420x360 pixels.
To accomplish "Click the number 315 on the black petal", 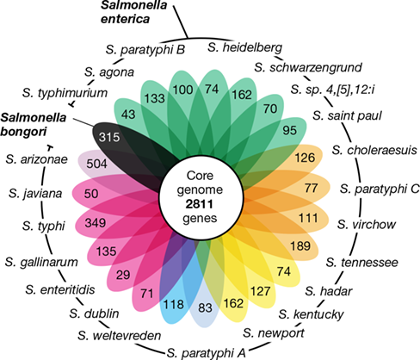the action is pyautogui.click(x=109, y=137).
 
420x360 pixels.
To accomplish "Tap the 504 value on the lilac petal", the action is pyautogui.click(x=97, y=164).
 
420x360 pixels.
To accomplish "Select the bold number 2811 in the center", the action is pyautogui.click(x=200, y=204).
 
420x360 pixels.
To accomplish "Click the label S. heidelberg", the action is pyautogui.click(x=245, y=47).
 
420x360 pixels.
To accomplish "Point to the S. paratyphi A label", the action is pyautogui.click(x=207, y=353).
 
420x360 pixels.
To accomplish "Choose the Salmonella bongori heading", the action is pyautogui.click(x=34, y=125).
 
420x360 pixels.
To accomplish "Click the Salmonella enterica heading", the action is pyautogui.click(x=133, y=12).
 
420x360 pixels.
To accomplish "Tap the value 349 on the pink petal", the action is pyautogui.click(x=96, y=222).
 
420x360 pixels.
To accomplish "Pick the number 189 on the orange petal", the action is pyautogui.click(x=300, y=246).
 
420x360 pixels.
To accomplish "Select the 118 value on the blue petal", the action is pyautogui.click(x=173, y=304).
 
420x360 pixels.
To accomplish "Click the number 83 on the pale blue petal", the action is pyautogui.click(x=205, y=307).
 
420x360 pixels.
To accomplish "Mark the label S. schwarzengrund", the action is pyautogui.click(x=308, y=68).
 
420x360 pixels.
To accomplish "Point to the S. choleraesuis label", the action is pyautogui.click(x=374, y=150).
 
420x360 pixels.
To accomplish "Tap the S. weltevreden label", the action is pyautogui.click(x=119, y=335).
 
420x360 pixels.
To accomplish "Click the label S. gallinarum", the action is pyautogui.click(x=41, y=262).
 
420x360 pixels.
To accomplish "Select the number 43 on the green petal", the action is pyautogui.click(x=128, y=115).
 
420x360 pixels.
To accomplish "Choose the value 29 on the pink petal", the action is pyautogui.click(x=123, y=275).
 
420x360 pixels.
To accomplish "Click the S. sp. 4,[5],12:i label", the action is pyautogui.click(x=332, y=90).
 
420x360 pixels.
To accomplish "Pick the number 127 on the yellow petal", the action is pyautogui.click(x=260, y=291).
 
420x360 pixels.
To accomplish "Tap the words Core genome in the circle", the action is pyautogui.click(x=200, y=183).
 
